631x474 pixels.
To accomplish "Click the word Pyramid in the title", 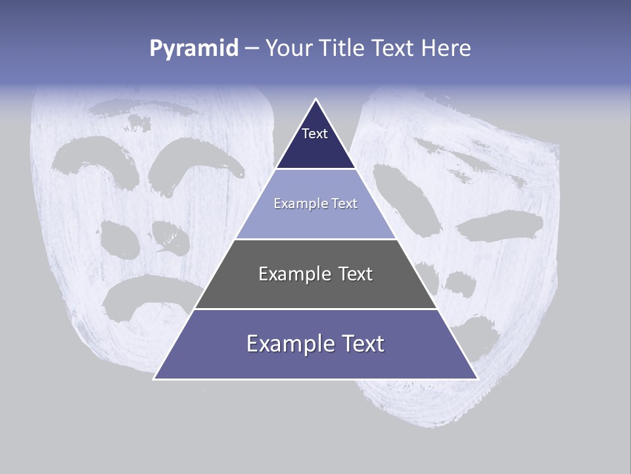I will pos(194,48).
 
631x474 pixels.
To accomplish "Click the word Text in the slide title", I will pos(394,48).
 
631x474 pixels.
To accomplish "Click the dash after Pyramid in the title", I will pos(252,49).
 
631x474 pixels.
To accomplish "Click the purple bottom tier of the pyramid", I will pos(315,355).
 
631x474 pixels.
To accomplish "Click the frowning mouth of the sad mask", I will pos(148,293).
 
